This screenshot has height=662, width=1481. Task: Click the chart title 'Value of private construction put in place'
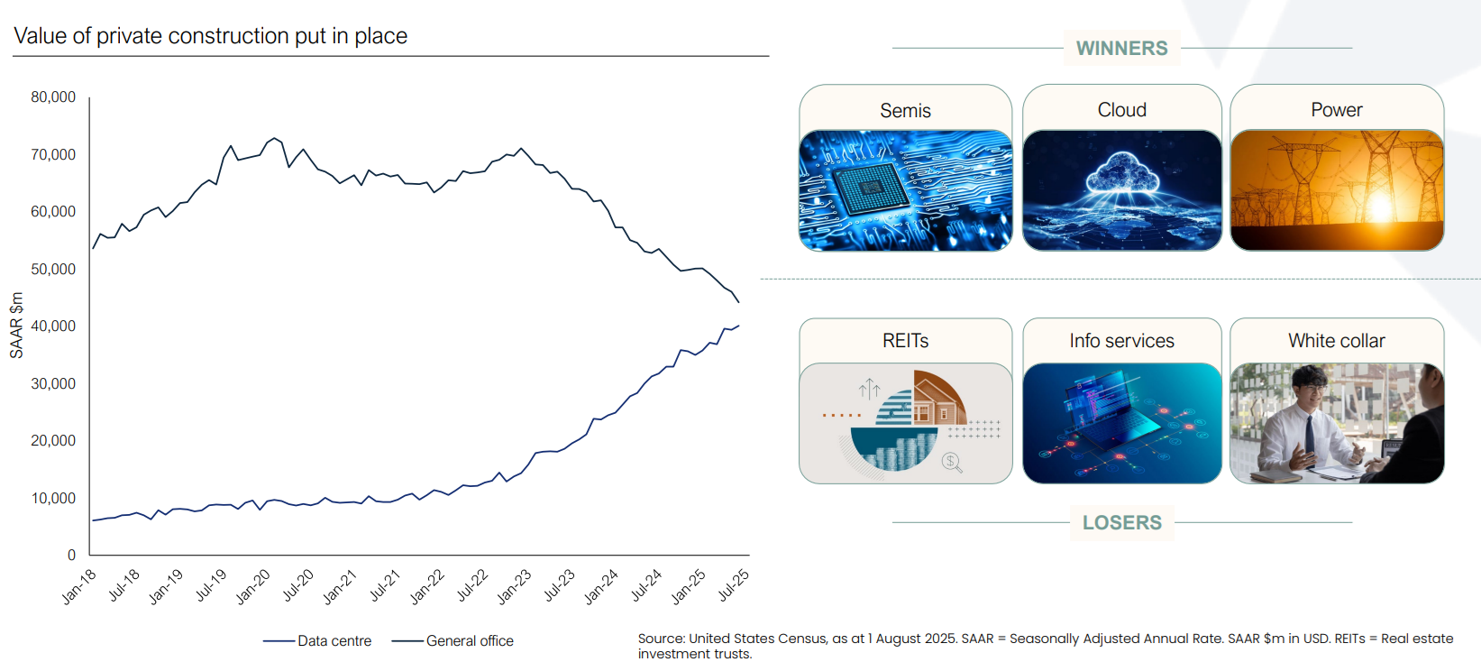[x=210, y=36]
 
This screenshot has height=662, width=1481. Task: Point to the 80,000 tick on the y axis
[x=53, y=97]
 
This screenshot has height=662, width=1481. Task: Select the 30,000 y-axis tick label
[x=53, y=384]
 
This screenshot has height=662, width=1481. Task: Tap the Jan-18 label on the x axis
[x=79, y=585]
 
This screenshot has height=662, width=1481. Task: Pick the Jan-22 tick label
[x=427, y=585]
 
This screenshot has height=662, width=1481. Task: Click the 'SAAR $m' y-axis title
[x=16, y=326]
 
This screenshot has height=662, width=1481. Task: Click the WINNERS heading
[x=1121, y=49]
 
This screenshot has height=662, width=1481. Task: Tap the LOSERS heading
[x=1121, y=523]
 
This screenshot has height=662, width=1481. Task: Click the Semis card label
[x=905, y=111]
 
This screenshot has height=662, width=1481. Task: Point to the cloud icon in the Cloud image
[x=1122, y=171]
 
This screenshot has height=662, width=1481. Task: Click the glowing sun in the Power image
[x=1381, y=208]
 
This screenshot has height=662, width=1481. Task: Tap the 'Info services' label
[x=1121, y=341]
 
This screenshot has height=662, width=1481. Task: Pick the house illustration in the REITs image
[x=937, y=402]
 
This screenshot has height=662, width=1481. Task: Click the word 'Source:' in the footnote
[x=662, y=639]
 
